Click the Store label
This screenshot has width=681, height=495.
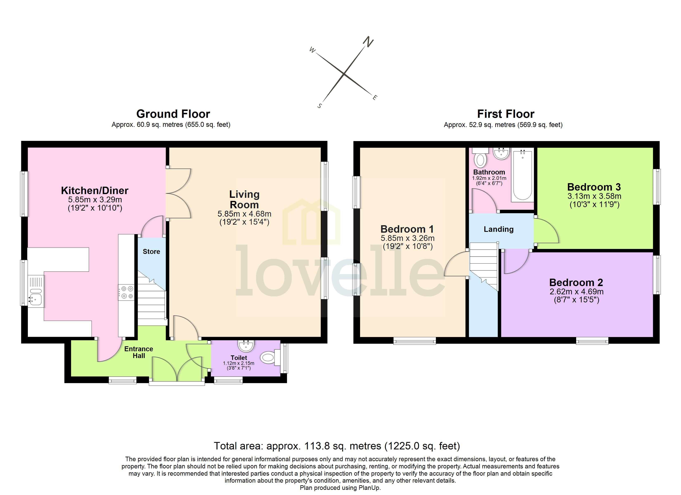point(151,252)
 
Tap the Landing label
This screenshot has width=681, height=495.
point(498,229)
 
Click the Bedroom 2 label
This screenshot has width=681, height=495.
point(576,283)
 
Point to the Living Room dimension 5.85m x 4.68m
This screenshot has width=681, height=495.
point(244,214)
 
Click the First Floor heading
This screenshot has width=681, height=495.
point(506,114)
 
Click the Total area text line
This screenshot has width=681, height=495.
point(337,446)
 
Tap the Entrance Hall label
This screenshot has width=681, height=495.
point(139,352)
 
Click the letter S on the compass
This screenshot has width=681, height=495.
point(320,106)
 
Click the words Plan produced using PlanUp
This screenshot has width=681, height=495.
point(340,488)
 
